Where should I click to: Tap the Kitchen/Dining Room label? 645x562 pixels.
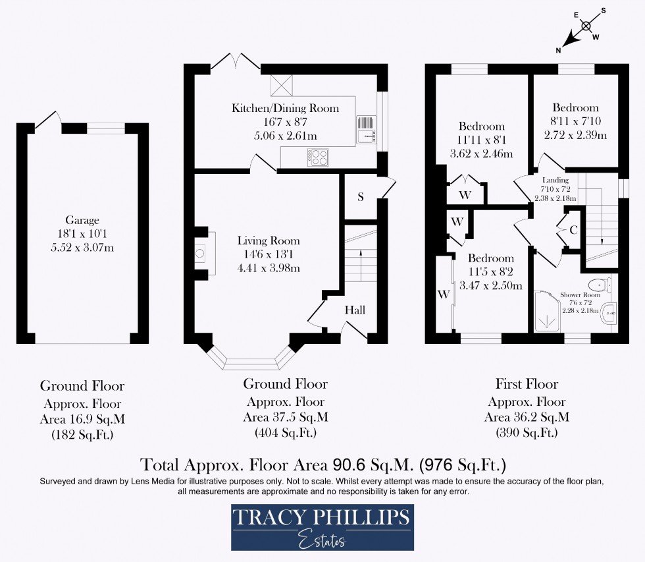(285, 108)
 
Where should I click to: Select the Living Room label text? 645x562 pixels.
(269, 241)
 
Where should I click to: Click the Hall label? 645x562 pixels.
(355, 310)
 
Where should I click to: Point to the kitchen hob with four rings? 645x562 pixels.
(319, 157)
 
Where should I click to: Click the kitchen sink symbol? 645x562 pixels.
(365, 130)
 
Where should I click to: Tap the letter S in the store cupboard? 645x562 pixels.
(361, 197)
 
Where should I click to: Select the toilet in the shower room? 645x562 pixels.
(600, 285)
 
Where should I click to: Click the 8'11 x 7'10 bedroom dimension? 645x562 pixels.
(575, 122)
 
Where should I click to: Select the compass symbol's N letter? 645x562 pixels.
(558, 49)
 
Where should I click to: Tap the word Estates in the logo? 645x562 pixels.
(322, 542)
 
